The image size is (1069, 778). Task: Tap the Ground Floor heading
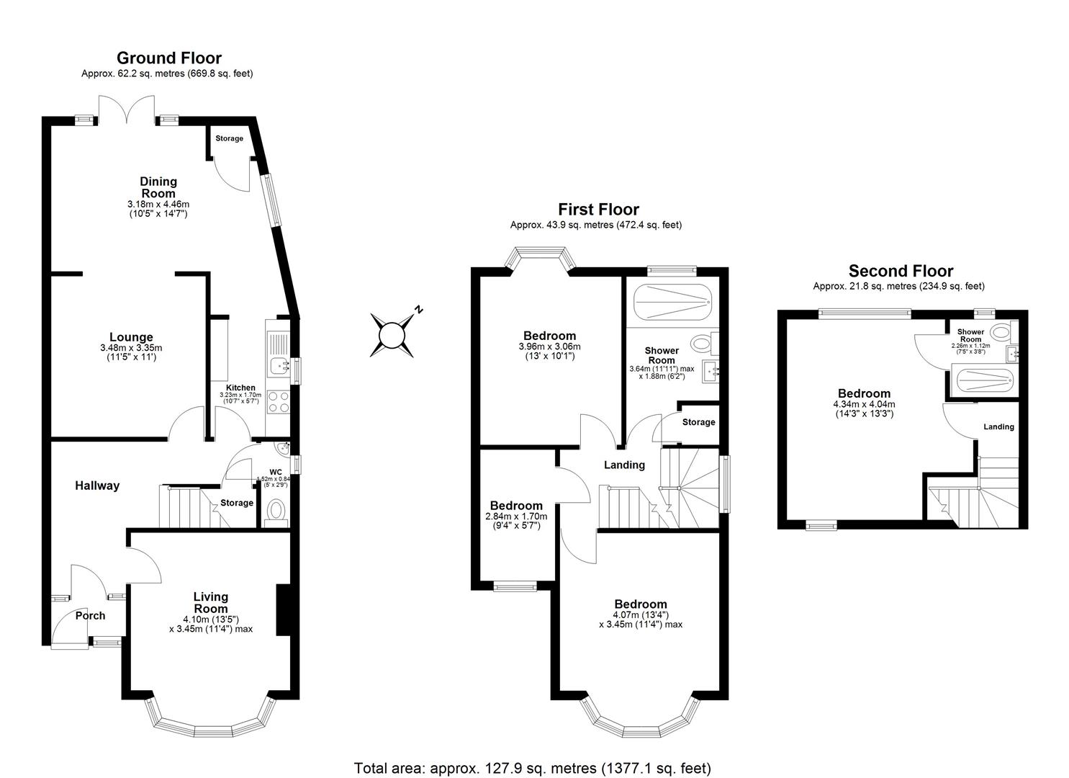[x=169, y=58]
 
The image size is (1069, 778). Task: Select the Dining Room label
[x=158, y=187]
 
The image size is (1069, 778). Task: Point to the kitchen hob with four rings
[x=278, y=401]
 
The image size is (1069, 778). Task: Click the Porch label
[x=90, y=615]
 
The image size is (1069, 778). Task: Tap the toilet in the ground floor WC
[x=276, y=512]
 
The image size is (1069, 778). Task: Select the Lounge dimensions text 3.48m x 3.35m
[x=131, y=348]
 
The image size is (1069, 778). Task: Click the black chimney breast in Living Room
[x=283, y=609]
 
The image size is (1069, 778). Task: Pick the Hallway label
[x=97, y=486]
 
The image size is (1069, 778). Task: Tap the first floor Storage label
[x=698, y=422]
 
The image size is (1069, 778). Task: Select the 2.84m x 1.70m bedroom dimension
[x=516, y=517]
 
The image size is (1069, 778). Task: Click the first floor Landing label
[x=624, y=465]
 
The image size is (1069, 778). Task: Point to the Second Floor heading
[x=901, y=271]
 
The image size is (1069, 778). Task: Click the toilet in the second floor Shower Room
[x=999, y=332]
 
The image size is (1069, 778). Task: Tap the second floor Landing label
[x=998, y=426]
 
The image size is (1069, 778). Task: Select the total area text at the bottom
[x=533, y=767]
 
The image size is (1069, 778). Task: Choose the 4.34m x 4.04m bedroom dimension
[x=864, y=404]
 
